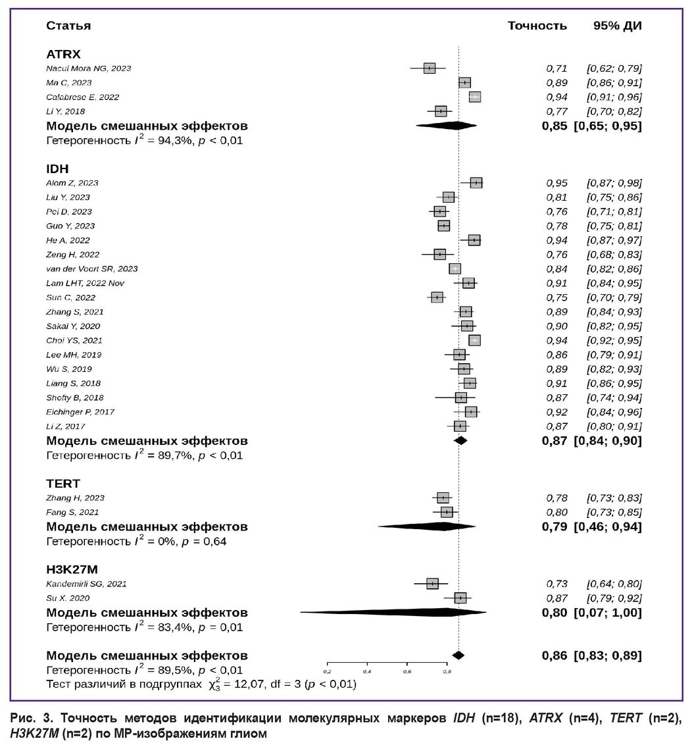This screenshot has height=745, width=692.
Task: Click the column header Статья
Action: [68, 26]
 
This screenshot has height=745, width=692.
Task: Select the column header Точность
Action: [537, 26]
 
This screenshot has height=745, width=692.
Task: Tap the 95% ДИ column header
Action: [617, 26]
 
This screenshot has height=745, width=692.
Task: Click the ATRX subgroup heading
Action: [64, 54]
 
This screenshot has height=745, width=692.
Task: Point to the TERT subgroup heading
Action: [63, 484]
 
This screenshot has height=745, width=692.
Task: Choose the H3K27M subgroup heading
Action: [72, 569]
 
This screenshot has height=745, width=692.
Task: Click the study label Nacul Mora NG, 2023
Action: [89, 68]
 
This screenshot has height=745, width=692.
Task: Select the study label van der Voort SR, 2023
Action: [91, 269]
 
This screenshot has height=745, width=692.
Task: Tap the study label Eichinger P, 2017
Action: [80, 412]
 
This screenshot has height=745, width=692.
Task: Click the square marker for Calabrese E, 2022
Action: [475, 97]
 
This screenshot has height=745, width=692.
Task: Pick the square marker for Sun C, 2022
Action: [437, 297]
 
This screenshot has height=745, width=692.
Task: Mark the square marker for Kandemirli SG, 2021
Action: [432, 584]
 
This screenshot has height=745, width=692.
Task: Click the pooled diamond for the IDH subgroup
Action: [460, 440]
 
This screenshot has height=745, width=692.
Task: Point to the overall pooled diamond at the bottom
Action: [458, 655]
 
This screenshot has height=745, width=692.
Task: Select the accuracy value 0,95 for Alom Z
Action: [556, 183]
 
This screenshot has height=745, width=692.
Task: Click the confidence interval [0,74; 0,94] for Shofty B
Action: [614, 398]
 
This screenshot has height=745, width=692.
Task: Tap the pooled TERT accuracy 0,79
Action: [555, 527]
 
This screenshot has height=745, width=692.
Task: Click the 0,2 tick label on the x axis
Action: [328, 671]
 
